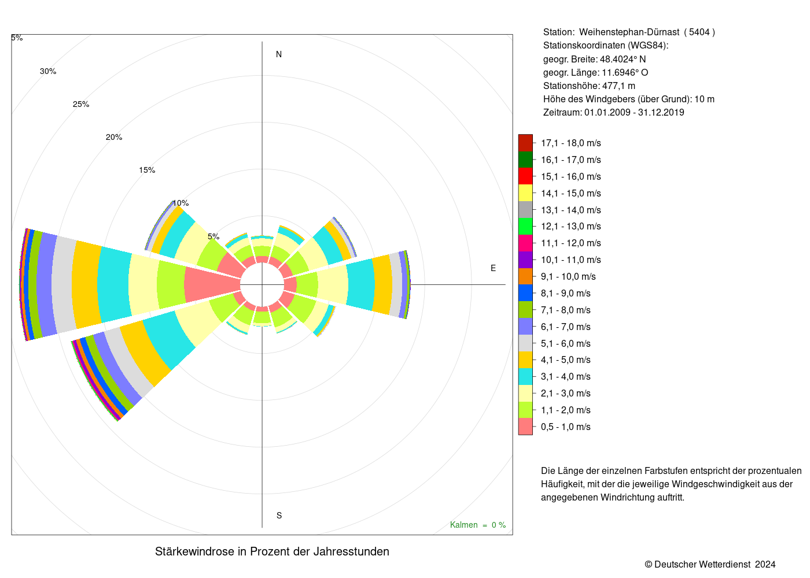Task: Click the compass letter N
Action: [279, 54]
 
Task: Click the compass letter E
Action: [493, 268]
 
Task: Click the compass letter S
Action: [279, 516]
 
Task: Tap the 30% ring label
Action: [48, 71]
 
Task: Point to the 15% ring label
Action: [147, 170]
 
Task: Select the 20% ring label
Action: [114, 138]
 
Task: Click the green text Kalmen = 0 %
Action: [478, 525]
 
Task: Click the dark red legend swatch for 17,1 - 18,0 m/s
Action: [525, 143]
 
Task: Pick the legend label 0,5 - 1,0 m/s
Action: [566, 427]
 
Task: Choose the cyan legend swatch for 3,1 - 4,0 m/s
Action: [525, 376]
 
